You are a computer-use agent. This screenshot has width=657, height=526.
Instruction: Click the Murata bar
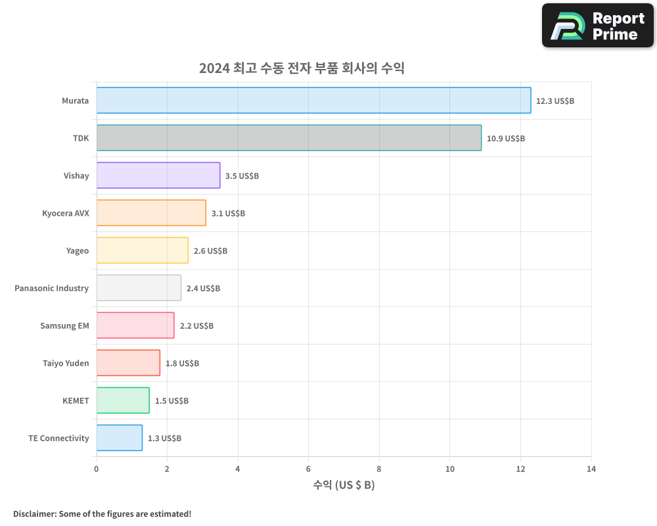pos(313,101)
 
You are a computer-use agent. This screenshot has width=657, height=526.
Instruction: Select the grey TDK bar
pos(288,138)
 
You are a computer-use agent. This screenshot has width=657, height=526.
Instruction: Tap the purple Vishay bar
pos(158,176)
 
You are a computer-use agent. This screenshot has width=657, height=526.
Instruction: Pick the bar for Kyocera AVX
pos(151,213)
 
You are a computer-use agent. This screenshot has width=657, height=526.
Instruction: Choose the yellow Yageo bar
pos(142,251)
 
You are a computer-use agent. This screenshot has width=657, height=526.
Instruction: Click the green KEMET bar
pos(123,400)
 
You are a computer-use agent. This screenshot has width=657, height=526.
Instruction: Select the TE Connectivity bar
pos(119,438)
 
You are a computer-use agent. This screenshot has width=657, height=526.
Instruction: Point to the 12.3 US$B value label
pos(555,101)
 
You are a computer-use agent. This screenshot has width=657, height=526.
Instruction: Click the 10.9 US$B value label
pos(506,139)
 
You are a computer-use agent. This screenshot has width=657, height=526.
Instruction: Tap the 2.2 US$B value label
pos(196,326)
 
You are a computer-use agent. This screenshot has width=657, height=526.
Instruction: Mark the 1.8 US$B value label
pos(182,364)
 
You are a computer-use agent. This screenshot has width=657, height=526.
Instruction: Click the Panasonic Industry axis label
pos(52,289)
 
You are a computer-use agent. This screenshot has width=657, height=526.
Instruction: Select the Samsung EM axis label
pos(64,326)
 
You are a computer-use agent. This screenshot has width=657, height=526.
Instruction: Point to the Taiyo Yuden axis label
pos(66,364)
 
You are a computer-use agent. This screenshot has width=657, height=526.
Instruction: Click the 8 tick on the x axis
pos(379,469)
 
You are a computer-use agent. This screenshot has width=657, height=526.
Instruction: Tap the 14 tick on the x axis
pos(591,469)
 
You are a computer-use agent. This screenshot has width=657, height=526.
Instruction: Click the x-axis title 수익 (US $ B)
pos(344,486)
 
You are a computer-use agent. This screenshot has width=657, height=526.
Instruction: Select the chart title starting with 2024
pos(302,68)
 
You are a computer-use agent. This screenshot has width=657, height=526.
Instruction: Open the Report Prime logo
pos(597,26)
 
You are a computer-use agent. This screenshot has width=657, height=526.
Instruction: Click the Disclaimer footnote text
pos(102,514)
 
